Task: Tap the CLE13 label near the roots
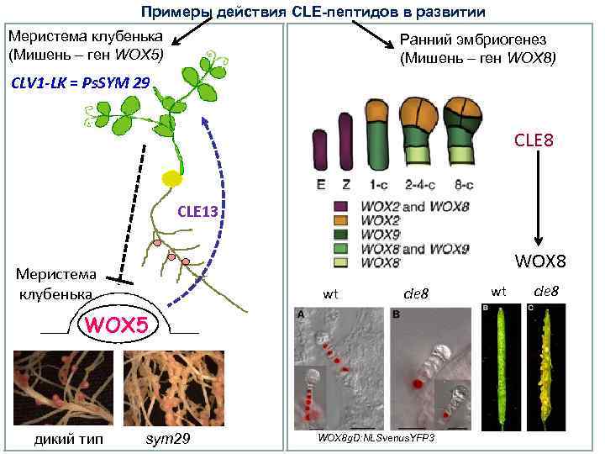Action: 197,212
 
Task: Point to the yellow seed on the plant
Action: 173,178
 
